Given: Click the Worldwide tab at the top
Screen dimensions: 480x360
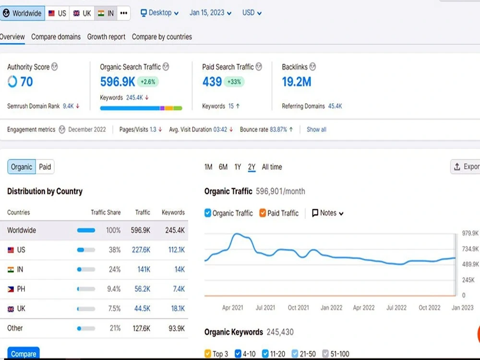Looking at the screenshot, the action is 23,13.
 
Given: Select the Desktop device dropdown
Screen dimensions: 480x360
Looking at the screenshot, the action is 159,13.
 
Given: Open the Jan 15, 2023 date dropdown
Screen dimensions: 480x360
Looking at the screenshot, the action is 210,13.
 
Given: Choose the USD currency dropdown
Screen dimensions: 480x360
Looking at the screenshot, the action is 252,13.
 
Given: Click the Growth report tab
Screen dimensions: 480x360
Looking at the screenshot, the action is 106,37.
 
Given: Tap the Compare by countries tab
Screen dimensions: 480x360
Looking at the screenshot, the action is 162,37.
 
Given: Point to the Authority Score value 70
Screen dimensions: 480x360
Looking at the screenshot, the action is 26,82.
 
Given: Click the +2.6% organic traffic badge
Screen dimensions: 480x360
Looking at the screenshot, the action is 148,82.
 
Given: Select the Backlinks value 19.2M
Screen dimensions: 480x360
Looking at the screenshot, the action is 296,82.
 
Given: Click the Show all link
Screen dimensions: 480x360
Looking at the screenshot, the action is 316,130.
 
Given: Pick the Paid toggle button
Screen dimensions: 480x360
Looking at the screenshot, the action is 45,167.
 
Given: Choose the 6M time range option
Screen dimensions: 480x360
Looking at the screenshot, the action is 223,167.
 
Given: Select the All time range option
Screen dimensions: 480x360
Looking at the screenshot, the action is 272,167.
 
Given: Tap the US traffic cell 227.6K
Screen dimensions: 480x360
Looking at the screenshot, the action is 141,250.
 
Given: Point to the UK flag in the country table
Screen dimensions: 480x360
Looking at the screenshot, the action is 11,309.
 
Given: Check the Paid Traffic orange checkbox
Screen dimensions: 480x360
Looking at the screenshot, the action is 263,213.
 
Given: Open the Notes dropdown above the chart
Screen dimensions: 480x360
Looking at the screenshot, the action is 327,213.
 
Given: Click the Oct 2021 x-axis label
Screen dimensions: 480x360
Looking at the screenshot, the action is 298,308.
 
